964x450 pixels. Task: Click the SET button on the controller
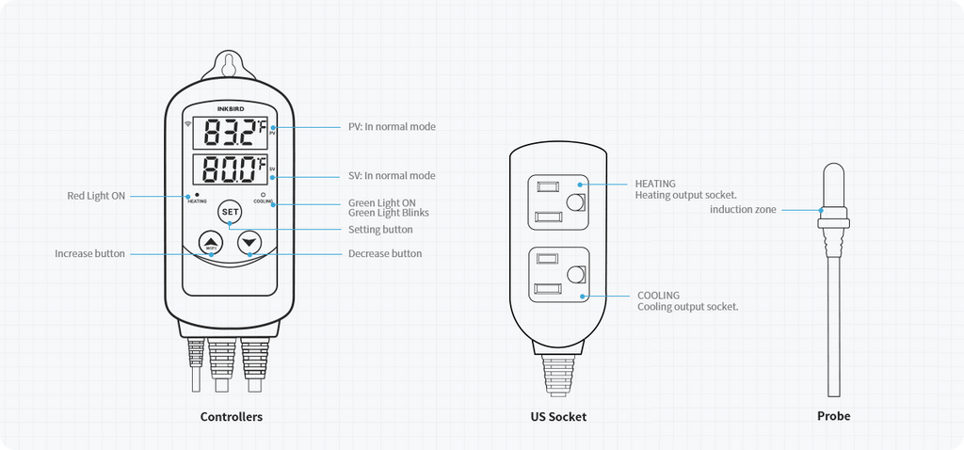click(x=230, y=212)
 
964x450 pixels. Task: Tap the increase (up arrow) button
click(x=210, y=243)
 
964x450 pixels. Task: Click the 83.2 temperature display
click(x=232, y=134)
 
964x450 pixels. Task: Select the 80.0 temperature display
click(x=232, y=170)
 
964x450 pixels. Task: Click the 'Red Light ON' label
click(x=95, y=196)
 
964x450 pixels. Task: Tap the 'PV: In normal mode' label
click(x=392, y=126)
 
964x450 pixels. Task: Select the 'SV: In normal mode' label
click(x=392, y=176)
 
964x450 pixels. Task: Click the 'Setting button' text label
click(x=380, y=230)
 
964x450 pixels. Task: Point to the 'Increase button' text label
click(x=89, y=253)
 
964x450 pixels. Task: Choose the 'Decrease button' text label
click(x=385, y=253)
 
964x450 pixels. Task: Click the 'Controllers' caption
click(x=232, y=416)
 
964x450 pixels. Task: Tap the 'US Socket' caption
click(x=558, y=416)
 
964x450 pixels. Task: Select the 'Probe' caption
click(x=833, y=416)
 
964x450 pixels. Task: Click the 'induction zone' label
click(x=743, y=209)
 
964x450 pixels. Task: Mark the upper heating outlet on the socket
click(x=558, y=201)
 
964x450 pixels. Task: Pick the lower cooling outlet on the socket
click(x=558, y=275)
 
